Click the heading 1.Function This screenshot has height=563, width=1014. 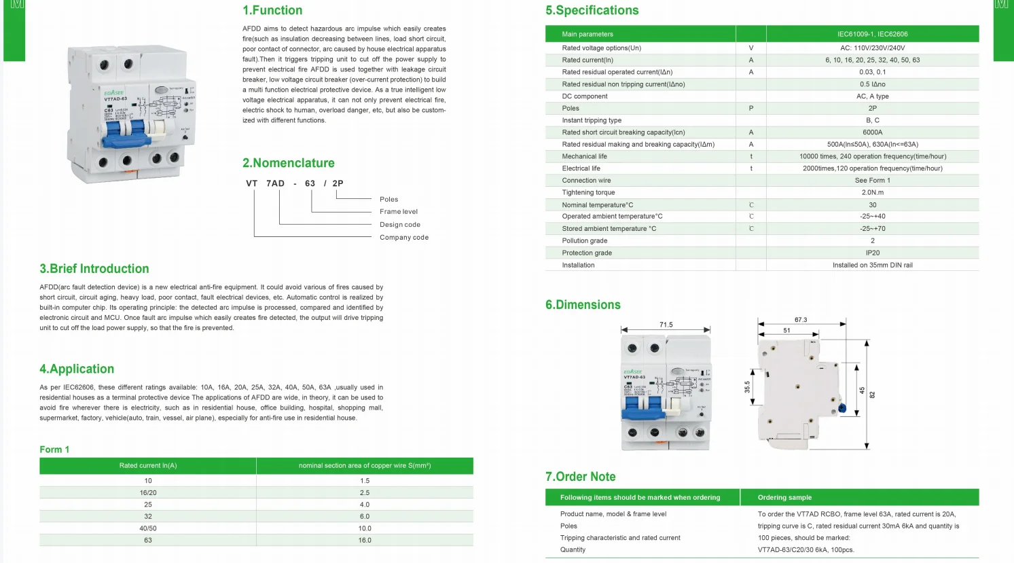[272, 10]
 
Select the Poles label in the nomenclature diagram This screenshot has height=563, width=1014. [388, 199]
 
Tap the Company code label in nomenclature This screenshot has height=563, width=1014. [403, 237]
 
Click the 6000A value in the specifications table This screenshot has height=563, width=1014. [872, 132]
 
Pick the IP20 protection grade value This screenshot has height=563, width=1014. [872, 253]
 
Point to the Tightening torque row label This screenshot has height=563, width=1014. [588, 192]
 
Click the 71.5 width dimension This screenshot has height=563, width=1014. [666, 325]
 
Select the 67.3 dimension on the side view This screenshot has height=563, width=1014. [801, 319]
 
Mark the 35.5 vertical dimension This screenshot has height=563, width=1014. [747, 386]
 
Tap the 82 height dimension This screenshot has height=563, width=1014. [873, 394]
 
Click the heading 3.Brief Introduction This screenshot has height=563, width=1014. [94, 269]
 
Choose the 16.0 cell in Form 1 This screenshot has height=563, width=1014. [365, 540]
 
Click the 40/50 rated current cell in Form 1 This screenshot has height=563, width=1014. [148, 528]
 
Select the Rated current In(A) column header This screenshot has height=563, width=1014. [148, 465]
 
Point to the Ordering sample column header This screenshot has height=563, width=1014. [784, 497]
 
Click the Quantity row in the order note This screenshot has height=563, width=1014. [573, 549]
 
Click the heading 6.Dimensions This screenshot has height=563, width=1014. [583, 305]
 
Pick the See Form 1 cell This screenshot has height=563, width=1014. [872, 180]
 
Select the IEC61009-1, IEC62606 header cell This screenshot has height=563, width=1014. [872, 34]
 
